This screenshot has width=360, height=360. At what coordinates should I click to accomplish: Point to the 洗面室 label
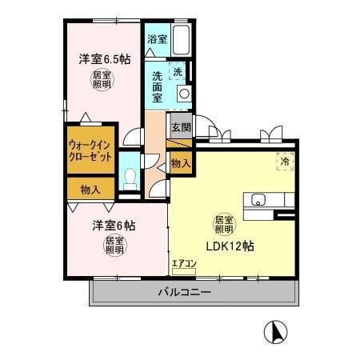tap(158, 86)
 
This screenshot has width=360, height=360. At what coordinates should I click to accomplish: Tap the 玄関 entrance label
tap(180, 126)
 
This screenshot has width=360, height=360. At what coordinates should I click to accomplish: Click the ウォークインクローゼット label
tap(91, 150)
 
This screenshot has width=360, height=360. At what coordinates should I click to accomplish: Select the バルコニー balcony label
tap(184, 294)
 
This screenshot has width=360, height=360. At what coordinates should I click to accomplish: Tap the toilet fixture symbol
tap(129, 178)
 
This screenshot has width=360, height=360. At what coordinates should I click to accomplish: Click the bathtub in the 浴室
tap(181, 38)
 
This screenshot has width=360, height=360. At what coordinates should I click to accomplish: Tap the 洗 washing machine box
tap(178, 70)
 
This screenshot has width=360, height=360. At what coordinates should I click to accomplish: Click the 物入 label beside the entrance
tap(181, 163)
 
